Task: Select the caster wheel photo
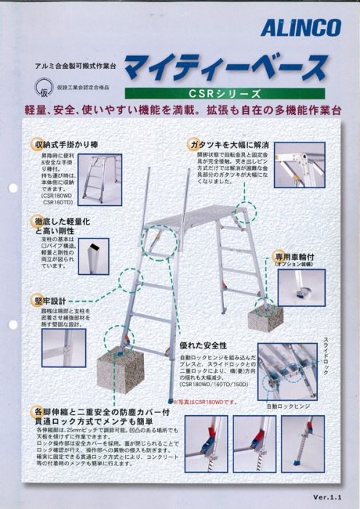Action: coord(300,288)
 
